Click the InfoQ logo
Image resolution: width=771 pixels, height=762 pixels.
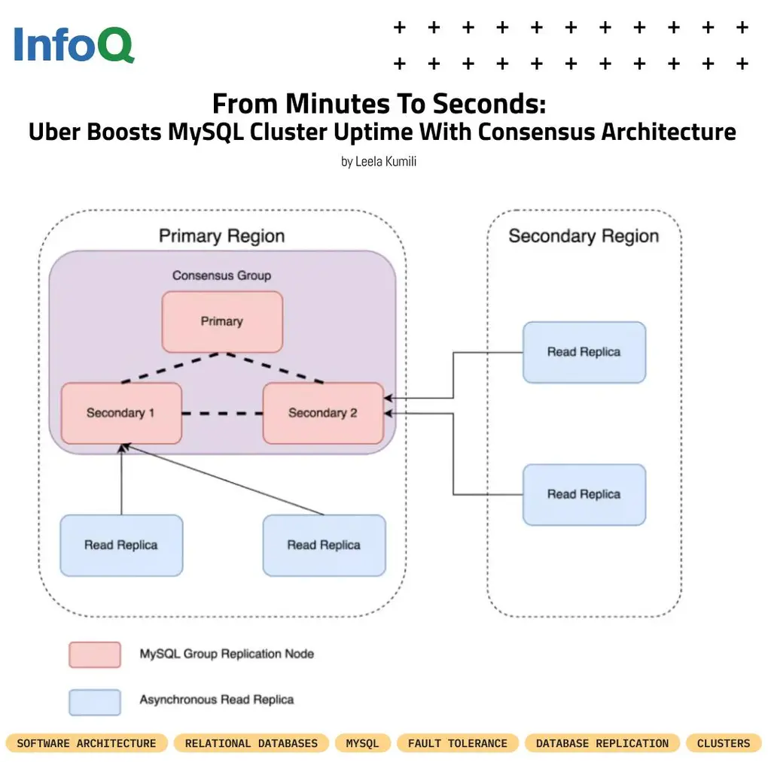74,44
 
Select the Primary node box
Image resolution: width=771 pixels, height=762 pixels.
222,322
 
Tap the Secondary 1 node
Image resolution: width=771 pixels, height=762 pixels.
121,413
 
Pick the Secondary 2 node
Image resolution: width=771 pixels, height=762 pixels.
323,413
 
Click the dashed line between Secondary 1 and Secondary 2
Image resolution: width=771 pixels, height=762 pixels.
222,413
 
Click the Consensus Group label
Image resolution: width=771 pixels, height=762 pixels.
221,275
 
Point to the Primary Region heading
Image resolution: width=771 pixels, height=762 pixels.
221,236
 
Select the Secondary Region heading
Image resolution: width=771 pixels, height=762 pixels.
584,236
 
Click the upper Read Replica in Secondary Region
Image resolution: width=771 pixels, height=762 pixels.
584,352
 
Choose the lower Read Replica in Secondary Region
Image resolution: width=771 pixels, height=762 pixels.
584,494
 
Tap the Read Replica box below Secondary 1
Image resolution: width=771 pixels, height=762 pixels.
121,545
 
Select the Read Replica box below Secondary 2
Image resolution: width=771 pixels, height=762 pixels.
324,545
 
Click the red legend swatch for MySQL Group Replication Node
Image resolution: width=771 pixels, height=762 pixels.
95,654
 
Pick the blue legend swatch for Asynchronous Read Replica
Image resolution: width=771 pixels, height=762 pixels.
95,701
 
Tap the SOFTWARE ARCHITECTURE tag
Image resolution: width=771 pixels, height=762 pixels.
87,743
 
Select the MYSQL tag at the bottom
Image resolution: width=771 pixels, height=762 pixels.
363,743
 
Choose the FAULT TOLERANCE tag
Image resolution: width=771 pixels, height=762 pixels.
458,743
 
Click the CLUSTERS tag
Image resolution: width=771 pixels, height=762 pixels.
724,743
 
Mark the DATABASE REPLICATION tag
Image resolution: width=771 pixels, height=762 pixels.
602,743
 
